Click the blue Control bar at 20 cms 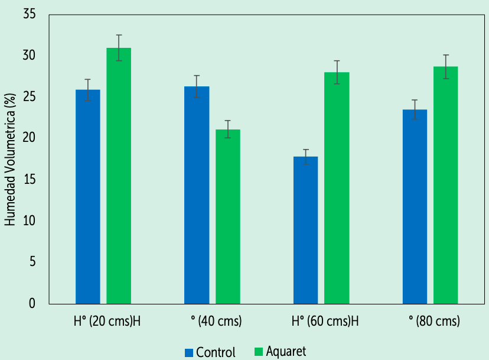point(88,196)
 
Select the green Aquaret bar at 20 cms point(119,176)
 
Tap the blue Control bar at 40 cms point(197,195)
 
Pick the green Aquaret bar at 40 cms point(227,216)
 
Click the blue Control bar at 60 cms point(306,230)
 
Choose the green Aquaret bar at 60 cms point(337,188)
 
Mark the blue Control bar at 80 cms point(415,206)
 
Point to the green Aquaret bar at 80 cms point(445,185)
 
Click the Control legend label point(216,353)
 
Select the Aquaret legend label point(286,352)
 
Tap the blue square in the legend point(189,353)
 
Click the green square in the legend point(258,352)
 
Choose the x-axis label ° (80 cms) point(434,322)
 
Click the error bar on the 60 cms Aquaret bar point(337,72)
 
